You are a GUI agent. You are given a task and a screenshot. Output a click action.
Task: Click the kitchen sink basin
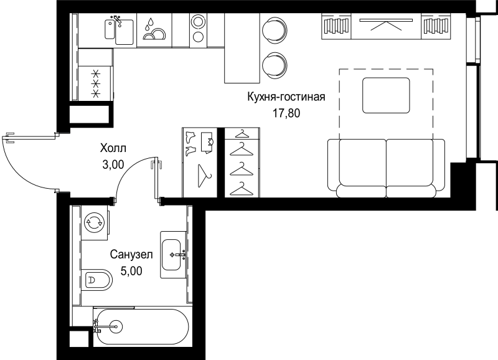click(124, 32)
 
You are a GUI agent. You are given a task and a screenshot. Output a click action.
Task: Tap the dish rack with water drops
click(154, 31)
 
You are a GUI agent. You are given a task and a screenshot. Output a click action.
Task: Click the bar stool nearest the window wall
click(275, 30)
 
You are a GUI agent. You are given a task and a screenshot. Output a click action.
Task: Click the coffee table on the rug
click(386, 95)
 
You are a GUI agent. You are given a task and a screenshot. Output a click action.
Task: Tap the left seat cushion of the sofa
click(363, 163)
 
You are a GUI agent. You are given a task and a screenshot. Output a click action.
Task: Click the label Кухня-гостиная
click(286, 97)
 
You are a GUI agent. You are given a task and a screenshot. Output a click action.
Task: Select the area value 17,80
click(286, 113)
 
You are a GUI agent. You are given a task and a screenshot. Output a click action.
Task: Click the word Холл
click(113, 148)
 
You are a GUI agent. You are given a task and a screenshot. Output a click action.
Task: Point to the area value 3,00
click(113, 164)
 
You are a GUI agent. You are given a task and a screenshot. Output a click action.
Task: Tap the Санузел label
click(131, 255)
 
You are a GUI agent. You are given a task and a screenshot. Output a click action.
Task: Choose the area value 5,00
click(131, 271)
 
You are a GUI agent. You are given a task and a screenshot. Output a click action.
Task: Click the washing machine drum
click(95, 222)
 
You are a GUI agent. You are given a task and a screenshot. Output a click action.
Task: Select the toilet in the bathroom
click(96, 280)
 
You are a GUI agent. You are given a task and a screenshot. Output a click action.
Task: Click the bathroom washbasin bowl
click(171, 255)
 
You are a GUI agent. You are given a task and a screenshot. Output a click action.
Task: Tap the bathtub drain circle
click(116, 326)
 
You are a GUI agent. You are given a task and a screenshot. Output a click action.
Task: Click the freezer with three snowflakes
click(95, 83)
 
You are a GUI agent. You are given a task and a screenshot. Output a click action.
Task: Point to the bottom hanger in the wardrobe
click(242, 189)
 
